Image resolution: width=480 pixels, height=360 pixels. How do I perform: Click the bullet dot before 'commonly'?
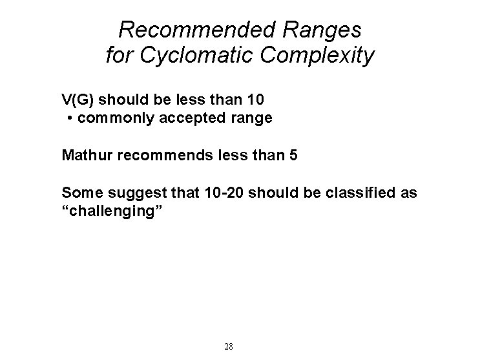pyautogui.click(x=69, y=119)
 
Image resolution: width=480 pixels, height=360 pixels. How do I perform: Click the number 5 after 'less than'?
pyautogui.click(x=294, y=156)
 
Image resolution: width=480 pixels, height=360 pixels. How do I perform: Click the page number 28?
pyautogui.click(x=228, y=346)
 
